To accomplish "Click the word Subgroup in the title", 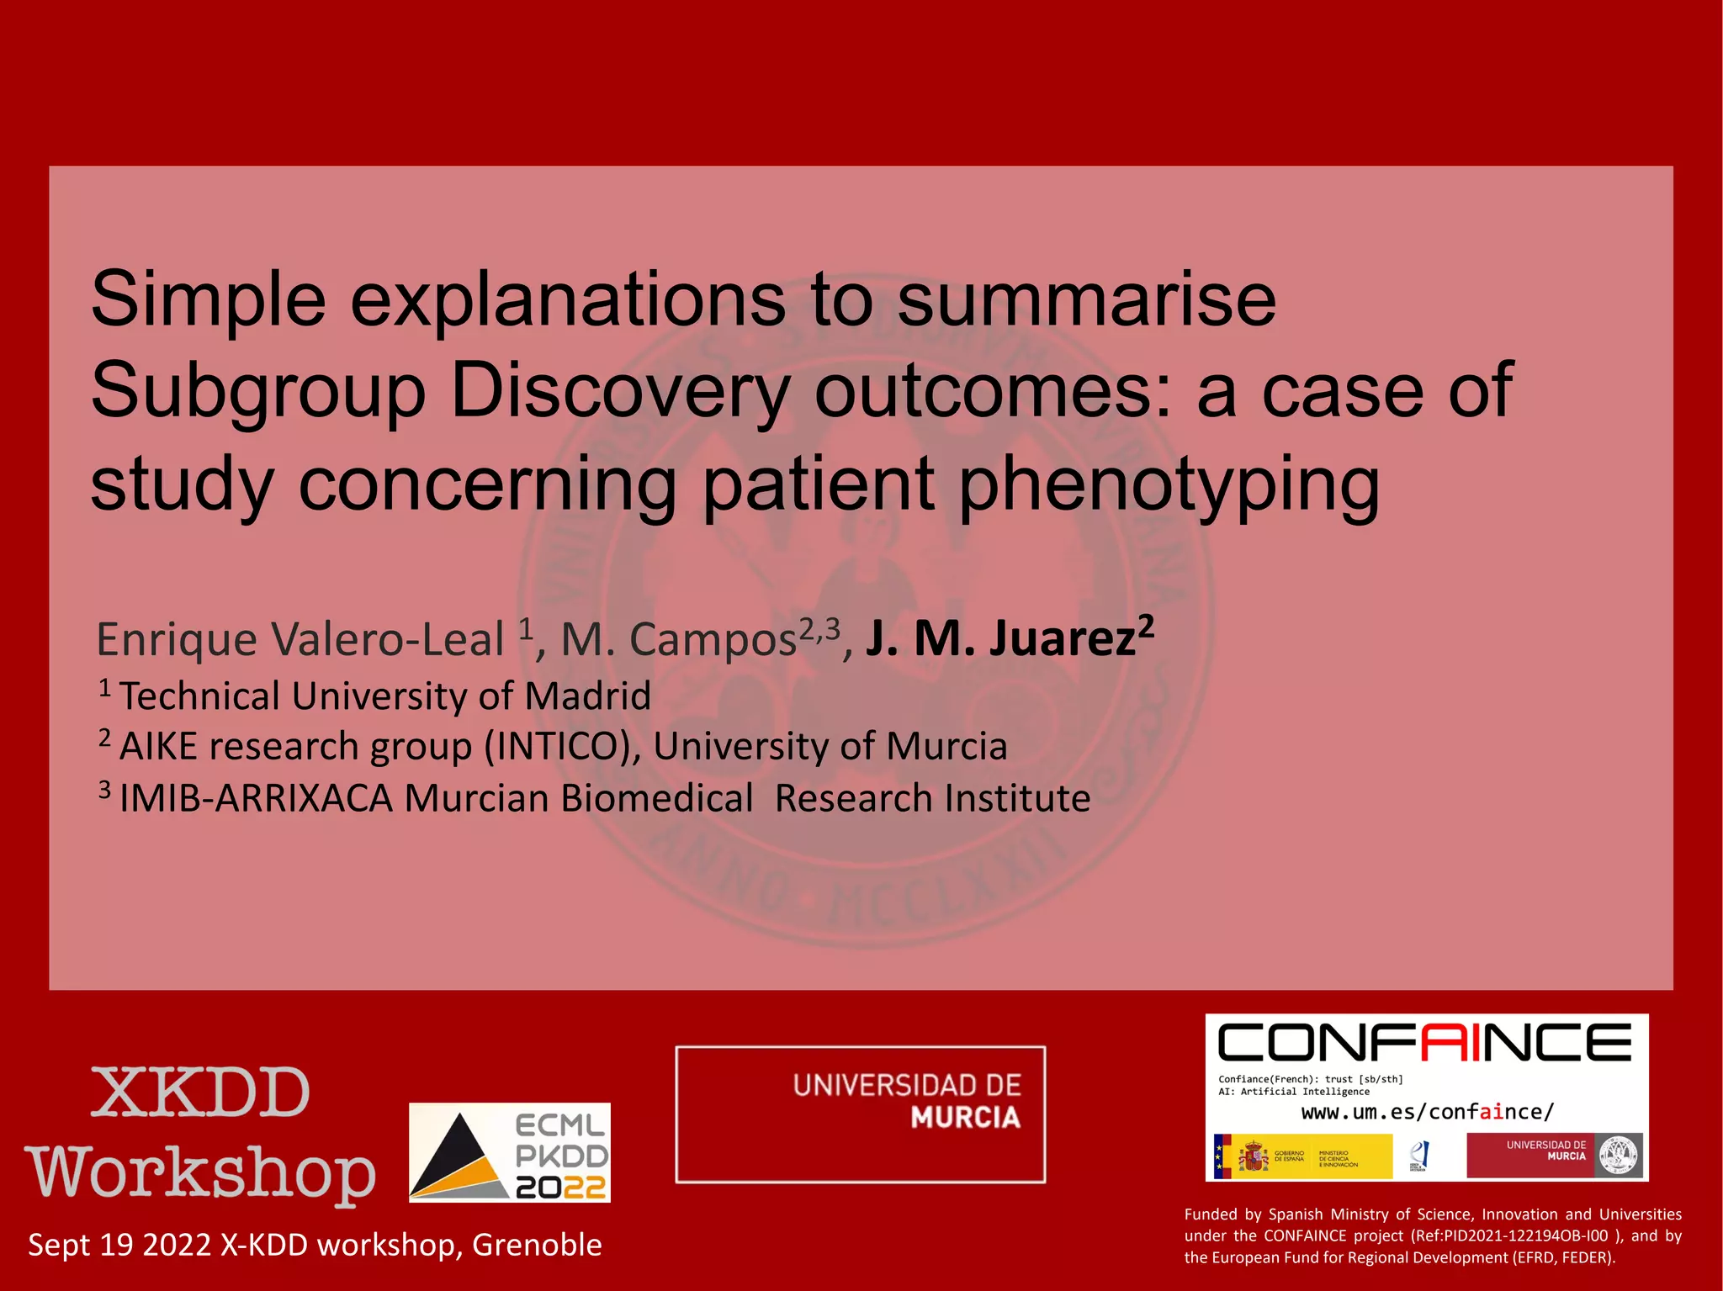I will pos(257,391).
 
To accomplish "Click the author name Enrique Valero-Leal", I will pos(300,639).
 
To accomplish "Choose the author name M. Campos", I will pos(678,639).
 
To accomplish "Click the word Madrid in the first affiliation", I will pos(587,696).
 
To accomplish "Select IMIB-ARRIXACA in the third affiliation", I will pos(256,798).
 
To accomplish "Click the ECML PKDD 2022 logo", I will pos(510,1152).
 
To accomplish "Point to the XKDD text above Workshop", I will pos(200,1093).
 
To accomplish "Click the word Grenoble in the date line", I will pos(537,1245).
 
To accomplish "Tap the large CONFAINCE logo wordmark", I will pos(1424,1043).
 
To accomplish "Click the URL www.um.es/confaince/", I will pos(1427,1112).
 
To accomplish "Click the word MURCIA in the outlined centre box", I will pos(965,1118).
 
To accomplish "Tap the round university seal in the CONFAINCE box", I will pos(1619,1156).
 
